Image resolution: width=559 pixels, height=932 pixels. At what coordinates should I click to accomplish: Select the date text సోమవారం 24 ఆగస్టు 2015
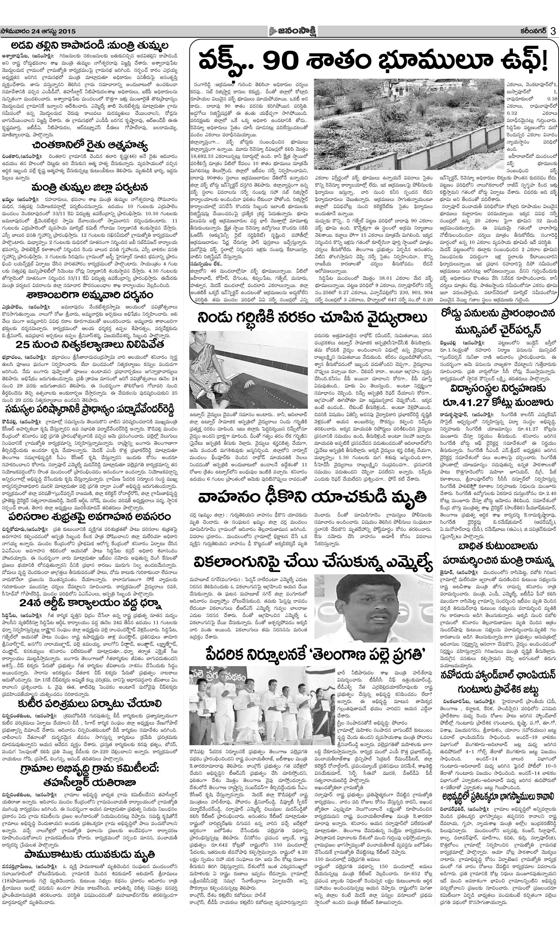coord(38,31)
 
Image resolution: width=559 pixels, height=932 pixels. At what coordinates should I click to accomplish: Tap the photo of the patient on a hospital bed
coord(248,370)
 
